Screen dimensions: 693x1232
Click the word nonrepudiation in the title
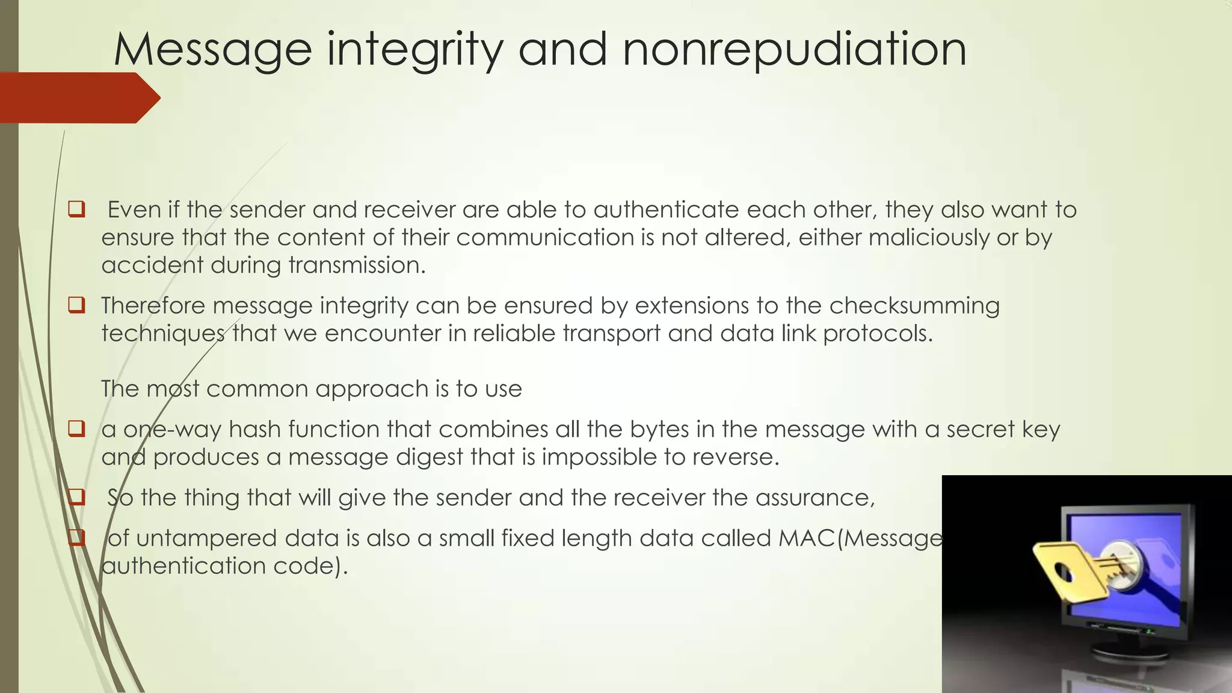[794, 49]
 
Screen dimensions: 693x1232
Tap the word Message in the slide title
[212, 49]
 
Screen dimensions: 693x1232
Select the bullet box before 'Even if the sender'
[76, 209]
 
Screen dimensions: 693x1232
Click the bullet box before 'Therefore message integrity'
[76, 305]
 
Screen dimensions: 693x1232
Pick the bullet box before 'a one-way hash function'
[76, 429]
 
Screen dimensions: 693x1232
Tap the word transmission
[357, 265]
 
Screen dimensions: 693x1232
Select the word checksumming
[914, 305]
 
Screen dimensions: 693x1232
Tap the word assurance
[815, 497]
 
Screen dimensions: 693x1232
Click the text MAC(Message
[860, 538]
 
